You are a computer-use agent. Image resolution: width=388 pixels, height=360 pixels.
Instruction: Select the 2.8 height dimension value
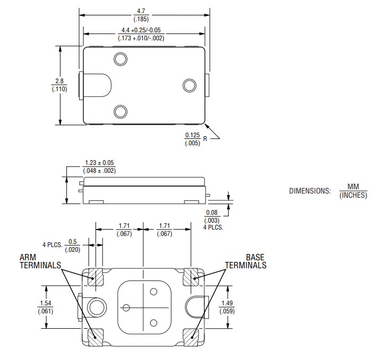(59, 81)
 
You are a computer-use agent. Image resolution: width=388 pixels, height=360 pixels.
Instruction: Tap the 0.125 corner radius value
(192, 135)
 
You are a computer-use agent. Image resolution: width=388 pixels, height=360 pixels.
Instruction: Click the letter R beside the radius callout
(205, 139)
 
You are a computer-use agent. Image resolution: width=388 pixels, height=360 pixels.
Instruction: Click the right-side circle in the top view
(189, 85)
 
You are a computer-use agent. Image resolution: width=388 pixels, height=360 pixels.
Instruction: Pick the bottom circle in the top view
(121, 111)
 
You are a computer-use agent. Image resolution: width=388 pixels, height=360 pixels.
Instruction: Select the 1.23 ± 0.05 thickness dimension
(99, 163)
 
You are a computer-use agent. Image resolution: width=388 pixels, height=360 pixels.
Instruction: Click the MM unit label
(353, 187)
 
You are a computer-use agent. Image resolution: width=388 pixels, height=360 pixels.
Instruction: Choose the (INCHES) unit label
(353, 195)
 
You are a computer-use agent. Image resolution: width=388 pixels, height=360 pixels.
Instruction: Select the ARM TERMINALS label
(40, 261)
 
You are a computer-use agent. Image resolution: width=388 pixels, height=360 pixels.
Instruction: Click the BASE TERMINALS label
(246, 261)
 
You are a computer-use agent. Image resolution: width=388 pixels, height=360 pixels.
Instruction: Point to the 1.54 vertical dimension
(45, 303)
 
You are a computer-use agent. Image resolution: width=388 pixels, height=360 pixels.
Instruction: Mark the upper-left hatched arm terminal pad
(96, 277)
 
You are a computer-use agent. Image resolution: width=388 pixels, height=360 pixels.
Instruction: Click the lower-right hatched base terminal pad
(191, 336)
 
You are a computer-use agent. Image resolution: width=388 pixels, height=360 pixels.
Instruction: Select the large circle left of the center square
(97, 307)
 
